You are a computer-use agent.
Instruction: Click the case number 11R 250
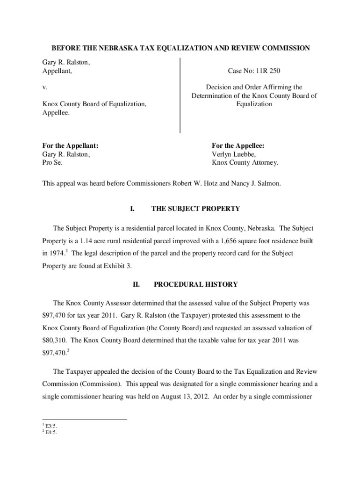(268, 71)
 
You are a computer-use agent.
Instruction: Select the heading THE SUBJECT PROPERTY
(195, 208)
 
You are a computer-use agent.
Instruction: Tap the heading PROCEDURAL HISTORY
(195, 284)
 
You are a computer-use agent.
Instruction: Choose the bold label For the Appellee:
(238, 145)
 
